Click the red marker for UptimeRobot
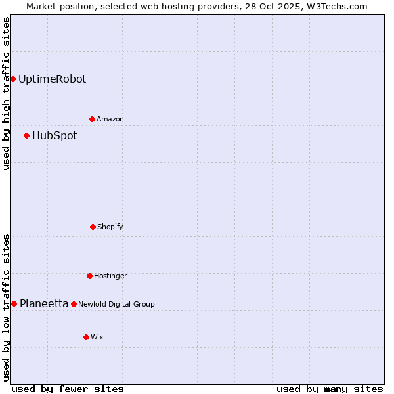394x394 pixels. click(x=12, y=79)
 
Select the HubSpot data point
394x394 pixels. click(x=26, y=136)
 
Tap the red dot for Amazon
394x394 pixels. click(x=92, y=119)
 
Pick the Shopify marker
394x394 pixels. click(x=93, y=227)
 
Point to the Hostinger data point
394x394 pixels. click(x=89, y=276)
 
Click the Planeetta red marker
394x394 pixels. click(x=14, y=303)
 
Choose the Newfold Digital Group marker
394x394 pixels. click(x=74, y=304)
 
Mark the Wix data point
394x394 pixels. click(x=86, y=337)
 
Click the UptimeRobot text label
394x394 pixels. click(x=52, y=79)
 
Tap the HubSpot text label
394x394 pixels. click(x=55, y=136)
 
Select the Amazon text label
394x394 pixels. click(x=110, y=119)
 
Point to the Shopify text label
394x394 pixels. click(x=110, y=227)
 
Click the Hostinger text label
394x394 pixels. click(x=110, y=276)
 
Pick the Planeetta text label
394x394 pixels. click(x=44, y=303)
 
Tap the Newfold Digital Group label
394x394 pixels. click(x=116, y=304)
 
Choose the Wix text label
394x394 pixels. click(x=97, y=337)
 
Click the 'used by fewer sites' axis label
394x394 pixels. click(x=68, y=389)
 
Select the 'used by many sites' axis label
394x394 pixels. click(x=330, y=389)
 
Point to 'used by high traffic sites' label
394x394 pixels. click(x=6, y=93)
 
